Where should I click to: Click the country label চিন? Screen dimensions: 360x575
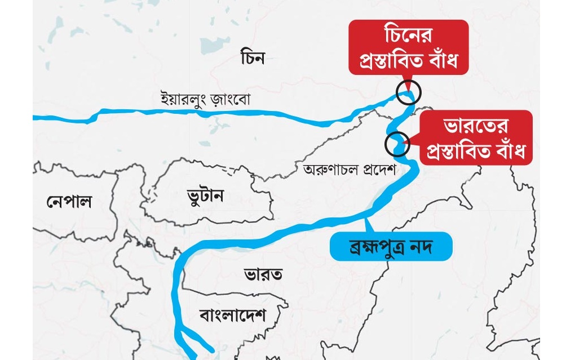(x=251, y=57)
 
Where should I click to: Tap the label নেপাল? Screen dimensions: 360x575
(x=69, y=201)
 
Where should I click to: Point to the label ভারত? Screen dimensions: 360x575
(x=263, y=274)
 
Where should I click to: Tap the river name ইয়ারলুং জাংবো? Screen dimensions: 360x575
(x=205, y=100)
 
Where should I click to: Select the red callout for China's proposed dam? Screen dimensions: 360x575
(x=408, y=47)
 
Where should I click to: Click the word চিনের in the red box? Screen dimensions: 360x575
(x=409, y=35)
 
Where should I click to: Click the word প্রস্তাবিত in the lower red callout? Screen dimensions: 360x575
(x=459, y=150)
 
